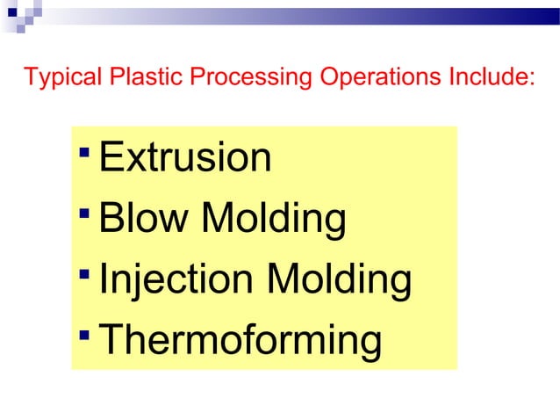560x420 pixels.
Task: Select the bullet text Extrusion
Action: tap(185, 158)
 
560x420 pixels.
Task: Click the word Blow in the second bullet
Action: tap(144, 220)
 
